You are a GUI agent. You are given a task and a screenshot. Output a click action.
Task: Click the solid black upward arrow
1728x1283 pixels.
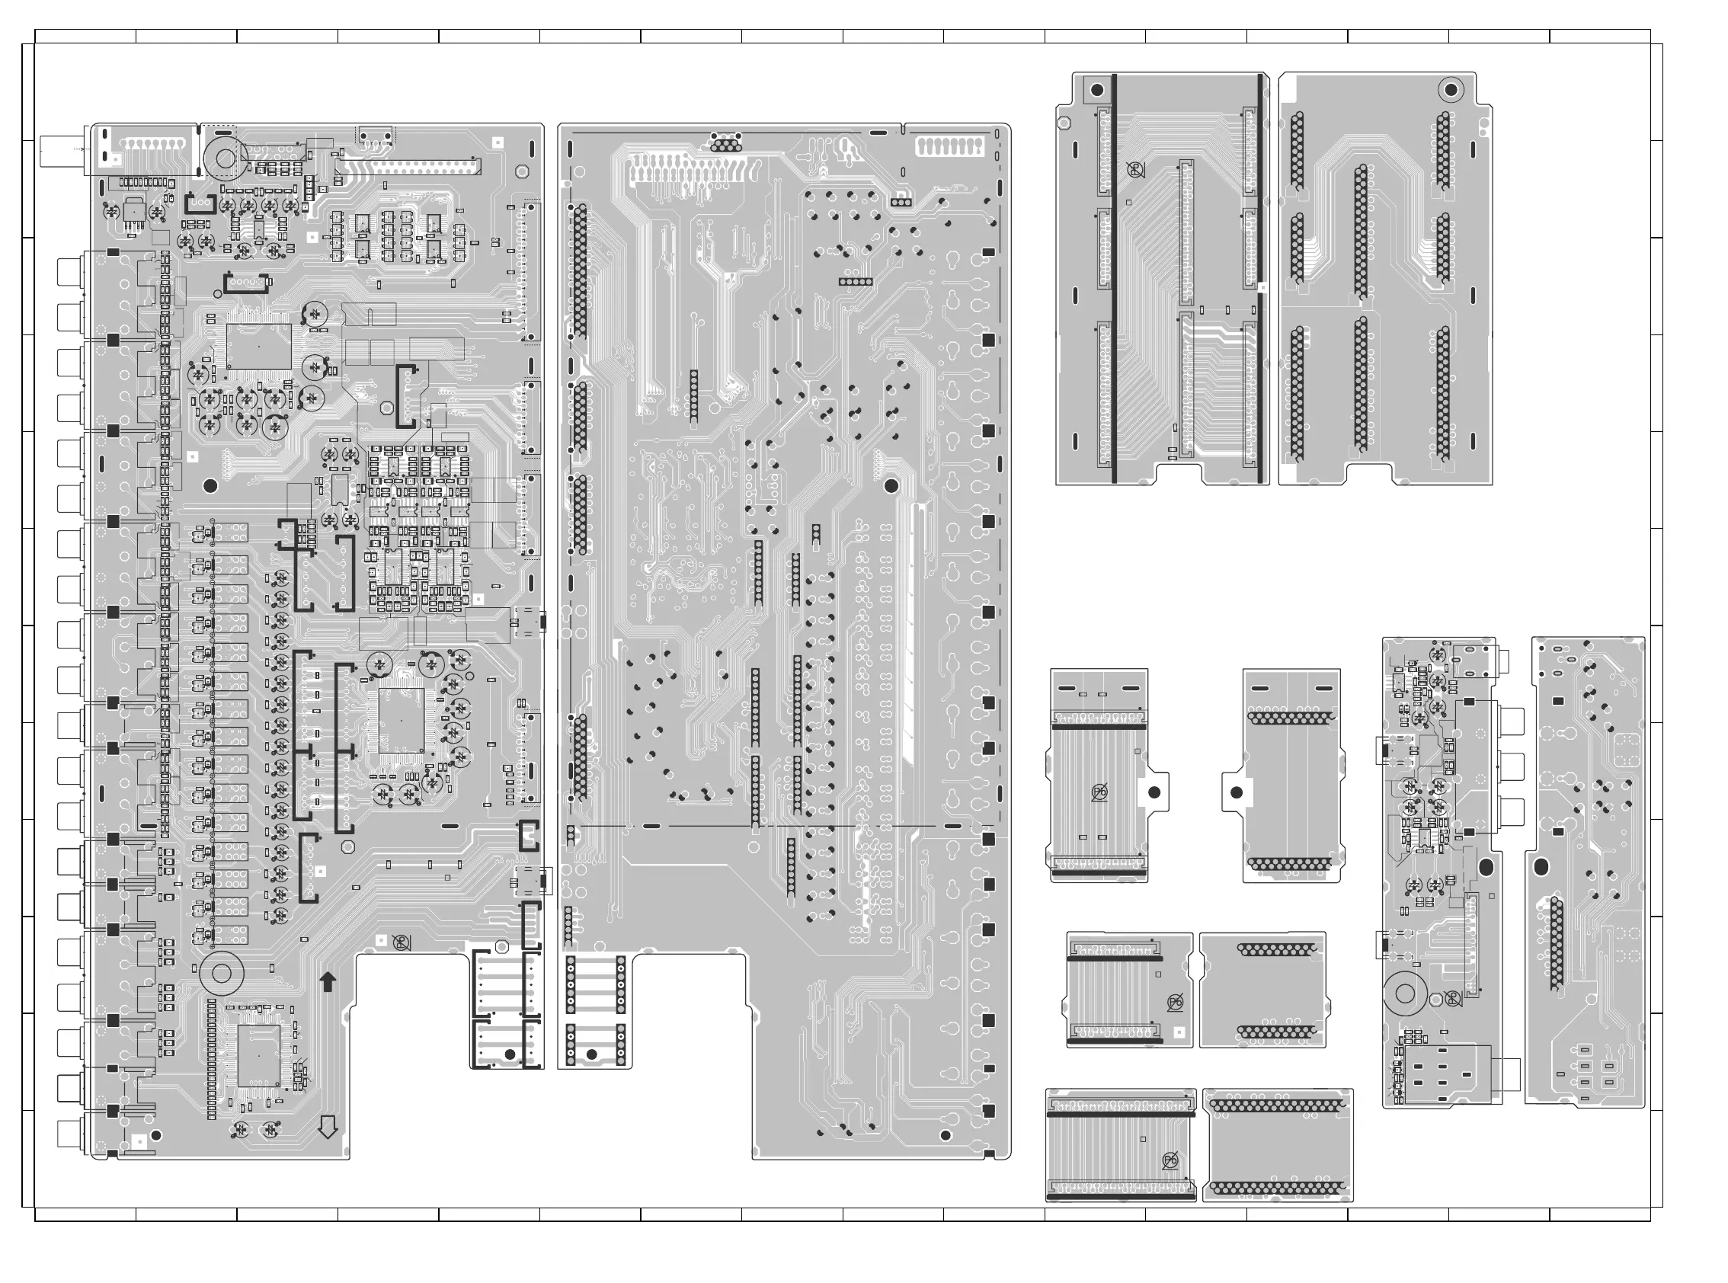coord(328,981)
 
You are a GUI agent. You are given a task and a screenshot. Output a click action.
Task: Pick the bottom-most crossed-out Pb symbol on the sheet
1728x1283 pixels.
coord(1170,1161)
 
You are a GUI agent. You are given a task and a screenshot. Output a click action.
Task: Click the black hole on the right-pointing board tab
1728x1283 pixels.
coord(1154,792)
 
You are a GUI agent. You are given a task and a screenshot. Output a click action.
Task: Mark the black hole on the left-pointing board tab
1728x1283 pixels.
coord(1237,793)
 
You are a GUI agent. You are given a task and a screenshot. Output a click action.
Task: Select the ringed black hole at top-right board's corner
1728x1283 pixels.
coord(1449,90)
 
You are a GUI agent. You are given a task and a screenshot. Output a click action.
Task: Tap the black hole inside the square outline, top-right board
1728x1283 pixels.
coord(1096,90)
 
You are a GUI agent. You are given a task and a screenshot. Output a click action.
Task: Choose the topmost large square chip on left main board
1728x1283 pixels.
coord(258,347)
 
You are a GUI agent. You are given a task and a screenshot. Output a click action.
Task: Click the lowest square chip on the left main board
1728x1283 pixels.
coord(258,1055)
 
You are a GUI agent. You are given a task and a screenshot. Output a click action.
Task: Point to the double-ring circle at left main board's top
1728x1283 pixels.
coord(226,158)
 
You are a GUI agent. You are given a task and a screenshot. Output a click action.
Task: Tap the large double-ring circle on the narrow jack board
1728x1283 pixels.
coord(1404,993)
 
